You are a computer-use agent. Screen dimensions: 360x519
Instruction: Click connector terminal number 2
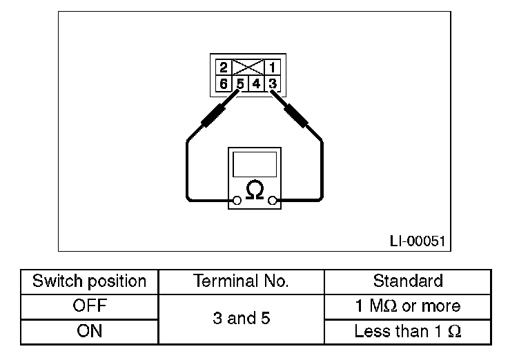coord(224,68)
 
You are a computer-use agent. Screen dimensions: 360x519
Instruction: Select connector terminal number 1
coord(273,68)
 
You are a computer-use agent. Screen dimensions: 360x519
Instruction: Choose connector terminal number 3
coord(273,84)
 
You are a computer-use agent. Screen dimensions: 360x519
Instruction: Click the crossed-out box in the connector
coord(248,68)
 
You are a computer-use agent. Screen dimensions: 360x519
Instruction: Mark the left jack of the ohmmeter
coord(237,201)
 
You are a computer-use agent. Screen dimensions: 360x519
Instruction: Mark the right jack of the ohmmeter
coord(273,201)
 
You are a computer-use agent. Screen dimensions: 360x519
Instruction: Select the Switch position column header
coord(90,281)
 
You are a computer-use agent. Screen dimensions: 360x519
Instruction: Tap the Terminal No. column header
coord(241,281)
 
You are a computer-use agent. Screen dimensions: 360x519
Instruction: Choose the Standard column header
coord(407,281)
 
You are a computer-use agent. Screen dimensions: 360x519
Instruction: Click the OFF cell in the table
coord(90,306)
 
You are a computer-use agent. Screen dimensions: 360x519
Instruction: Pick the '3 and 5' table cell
coord(241,319)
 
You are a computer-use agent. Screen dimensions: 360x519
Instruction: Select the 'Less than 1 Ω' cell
coord(407,332)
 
